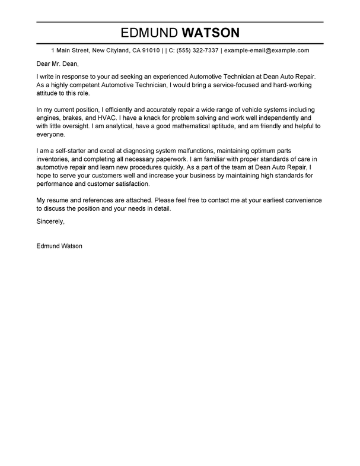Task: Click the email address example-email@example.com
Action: point(266,51)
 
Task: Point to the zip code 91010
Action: point(148,51)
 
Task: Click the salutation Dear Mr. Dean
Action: point(57,64)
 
